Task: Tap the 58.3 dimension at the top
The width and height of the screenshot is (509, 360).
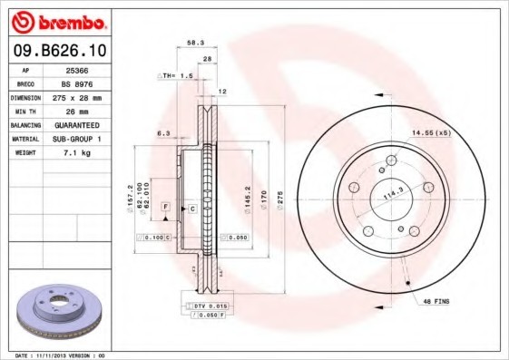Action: tap(195, 42)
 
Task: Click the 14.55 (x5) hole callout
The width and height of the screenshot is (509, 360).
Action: tap(431, 132)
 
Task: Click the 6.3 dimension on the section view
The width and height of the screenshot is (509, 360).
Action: tap(163, 132)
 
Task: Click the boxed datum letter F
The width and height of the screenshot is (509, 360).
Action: tap(166, 208)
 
